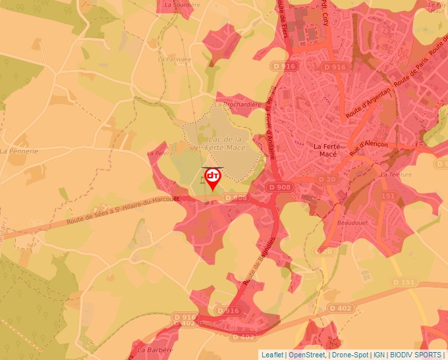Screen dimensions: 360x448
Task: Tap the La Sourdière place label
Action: point(181,4)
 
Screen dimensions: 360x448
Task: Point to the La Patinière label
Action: point(170,59)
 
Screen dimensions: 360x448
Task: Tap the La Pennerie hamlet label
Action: point(19,151)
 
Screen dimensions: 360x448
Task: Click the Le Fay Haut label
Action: point(437,7)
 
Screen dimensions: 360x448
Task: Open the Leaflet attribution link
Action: point(272,355)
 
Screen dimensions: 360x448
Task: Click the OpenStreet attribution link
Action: point(307,355)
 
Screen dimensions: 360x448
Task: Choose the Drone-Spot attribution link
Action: point(349,355)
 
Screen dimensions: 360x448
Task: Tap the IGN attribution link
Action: point(379,355)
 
